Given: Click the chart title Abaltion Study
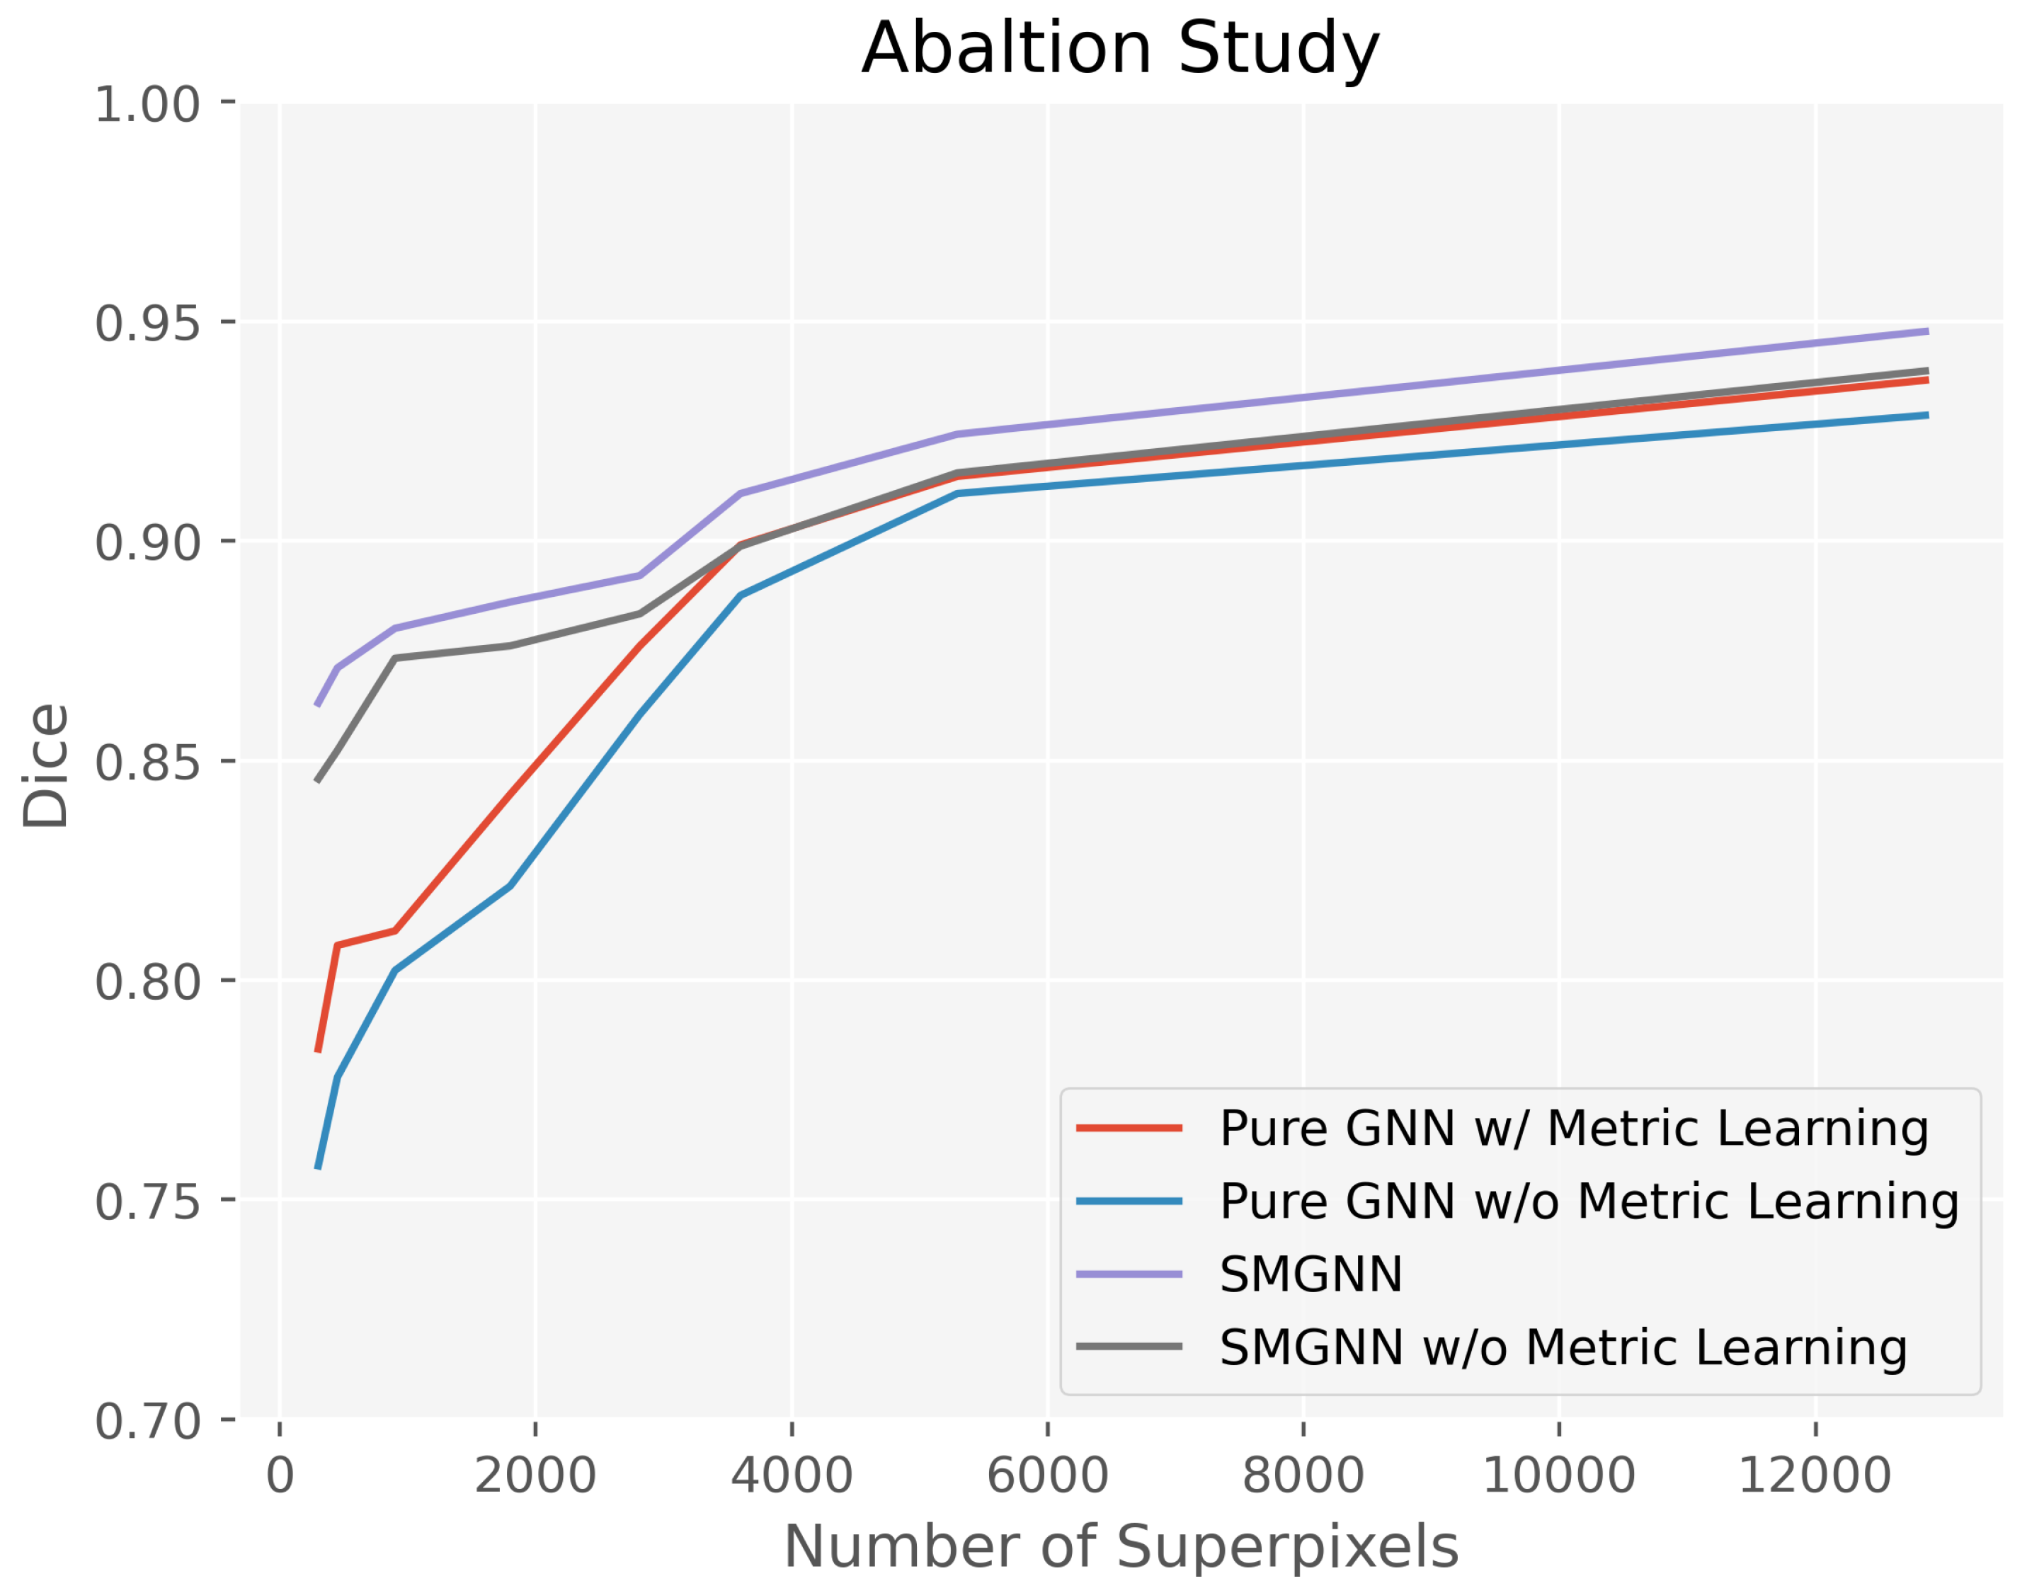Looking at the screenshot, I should click(x=1120, y=49).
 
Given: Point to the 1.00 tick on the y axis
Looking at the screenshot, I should click(x=147, y=105).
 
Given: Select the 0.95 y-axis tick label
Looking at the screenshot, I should click(x=147, y=324).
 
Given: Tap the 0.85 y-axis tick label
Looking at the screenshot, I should click(x=147, y=762).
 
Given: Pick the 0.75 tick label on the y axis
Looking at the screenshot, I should click(x=147, y=1200).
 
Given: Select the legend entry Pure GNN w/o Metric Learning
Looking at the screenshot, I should click(x=1589, y=1201).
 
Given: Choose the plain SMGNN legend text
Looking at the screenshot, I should click(x=1311, y=1274).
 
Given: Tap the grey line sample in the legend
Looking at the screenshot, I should click(x=1130, y=1347).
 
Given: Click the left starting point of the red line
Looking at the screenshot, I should click(x=318, y=1052).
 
